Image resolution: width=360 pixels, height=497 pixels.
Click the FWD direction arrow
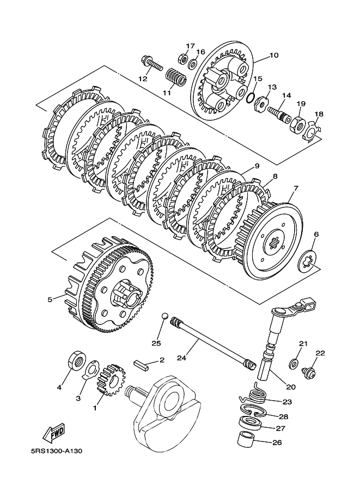[x=54, y=432]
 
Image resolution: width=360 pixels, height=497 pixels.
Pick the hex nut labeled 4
[x=76, y=360]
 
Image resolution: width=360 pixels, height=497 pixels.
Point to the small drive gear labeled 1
[x=112, y=380]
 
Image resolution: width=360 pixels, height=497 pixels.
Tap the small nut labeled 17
[x=182, y=58]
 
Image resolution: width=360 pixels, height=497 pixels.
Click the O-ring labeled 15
[x=250, y=98]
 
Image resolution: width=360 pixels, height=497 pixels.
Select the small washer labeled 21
[x=294, y=364]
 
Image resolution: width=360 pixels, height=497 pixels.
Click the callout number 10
[x=274, y=55]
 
